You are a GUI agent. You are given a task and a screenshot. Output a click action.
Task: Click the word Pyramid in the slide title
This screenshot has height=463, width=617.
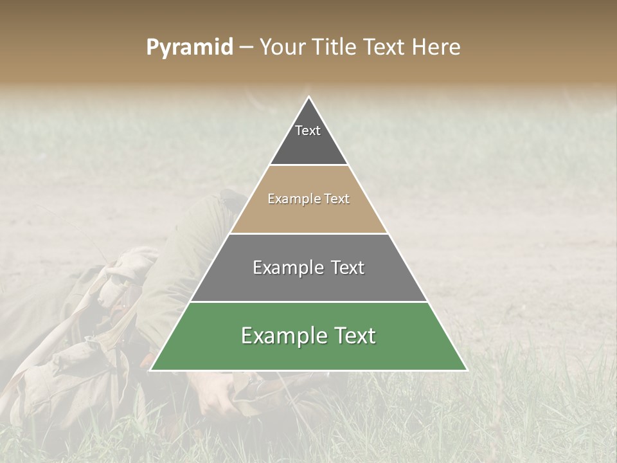pyautogui.click(x=190, y=48)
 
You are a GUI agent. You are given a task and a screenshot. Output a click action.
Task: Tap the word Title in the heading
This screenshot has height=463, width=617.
pyautogui.click(x=335, y=48)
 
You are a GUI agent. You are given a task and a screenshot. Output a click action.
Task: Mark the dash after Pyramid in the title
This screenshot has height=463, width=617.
pyautogui.click(x=246, y=48)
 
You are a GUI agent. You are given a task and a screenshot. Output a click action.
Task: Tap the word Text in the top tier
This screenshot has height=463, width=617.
pyautogui.click(x=308, y=131)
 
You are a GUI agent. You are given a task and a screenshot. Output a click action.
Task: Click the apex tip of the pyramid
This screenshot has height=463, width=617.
pyautogui.click(x=308, y=97)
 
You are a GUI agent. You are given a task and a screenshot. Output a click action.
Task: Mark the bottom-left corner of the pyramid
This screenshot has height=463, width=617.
pyautogui.click(x=150, y=370)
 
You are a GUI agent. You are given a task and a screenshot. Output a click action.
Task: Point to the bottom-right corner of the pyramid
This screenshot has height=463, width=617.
pyautogui.click(x=467, y=370)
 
